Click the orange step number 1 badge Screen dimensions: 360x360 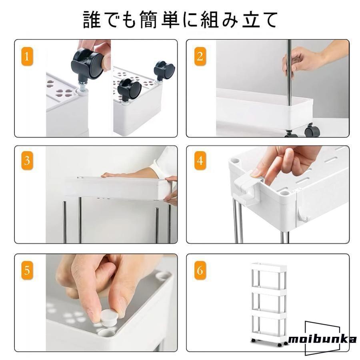click(x=27, y=56)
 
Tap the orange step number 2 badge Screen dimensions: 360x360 click(x=200, y=56)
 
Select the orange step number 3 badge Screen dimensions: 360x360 click(x=27, y=160)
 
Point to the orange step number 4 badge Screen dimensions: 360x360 click(x=200, y=160)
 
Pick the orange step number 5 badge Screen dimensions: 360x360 click(x=27, y=270)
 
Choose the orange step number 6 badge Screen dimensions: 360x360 click(x=200, y=270)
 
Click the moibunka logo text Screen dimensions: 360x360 click(x=322, y=339)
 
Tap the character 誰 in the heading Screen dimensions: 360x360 click(x=92, y=20)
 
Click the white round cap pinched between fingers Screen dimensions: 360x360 click(x=109, y=317)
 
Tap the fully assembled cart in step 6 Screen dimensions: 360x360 click(x=269, y=305)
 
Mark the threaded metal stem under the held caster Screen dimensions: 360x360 click(x=83, y=86)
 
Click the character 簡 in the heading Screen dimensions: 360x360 click(x=148, y=20)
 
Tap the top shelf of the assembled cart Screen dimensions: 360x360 click(x=269, y=267)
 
